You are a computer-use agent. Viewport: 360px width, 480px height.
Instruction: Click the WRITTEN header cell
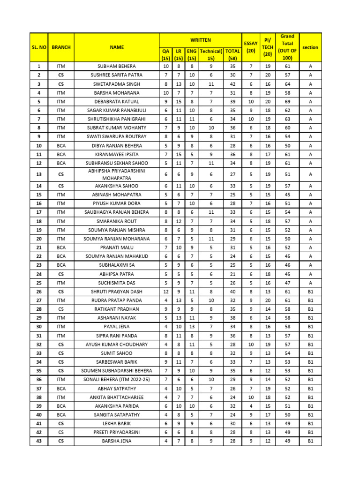200,40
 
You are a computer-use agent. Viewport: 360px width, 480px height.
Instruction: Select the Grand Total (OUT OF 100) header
287,47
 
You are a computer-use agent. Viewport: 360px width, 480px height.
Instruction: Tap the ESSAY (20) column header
251,47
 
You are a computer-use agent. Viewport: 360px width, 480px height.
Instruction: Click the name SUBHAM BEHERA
117,67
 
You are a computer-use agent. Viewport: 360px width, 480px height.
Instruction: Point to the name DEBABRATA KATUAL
117,102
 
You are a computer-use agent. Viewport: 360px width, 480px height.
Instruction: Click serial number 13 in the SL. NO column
39,174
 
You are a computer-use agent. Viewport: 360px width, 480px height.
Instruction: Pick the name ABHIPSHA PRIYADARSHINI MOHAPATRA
117,174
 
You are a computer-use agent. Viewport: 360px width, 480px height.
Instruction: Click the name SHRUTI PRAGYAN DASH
117,292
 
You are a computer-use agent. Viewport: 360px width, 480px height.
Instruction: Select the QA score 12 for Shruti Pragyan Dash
166,292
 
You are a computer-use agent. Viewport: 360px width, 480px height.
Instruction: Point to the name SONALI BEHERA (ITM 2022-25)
117,380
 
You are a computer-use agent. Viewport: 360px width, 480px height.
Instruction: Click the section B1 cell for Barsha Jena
310,441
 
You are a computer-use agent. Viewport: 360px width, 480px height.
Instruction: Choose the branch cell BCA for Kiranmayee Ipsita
61,154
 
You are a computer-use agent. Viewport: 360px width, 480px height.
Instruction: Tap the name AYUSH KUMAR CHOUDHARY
117,345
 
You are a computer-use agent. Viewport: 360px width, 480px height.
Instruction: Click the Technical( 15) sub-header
211,54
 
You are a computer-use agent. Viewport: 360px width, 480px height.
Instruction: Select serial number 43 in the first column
39,441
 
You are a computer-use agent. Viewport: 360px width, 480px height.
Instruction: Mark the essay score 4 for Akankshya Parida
251,406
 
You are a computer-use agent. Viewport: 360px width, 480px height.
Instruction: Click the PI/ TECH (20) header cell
268,47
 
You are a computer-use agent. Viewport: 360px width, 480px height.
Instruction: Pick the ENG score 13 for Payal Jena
192,327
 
